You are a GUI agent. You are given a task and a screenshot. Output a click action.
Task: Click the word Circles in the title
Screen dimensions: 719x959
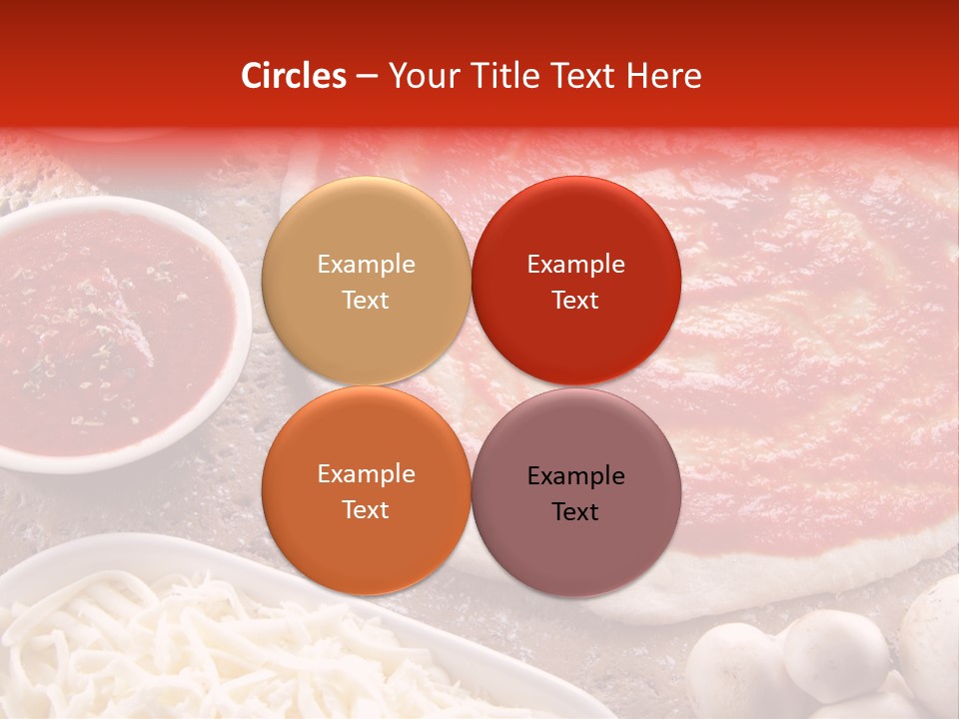[x=294, y=76]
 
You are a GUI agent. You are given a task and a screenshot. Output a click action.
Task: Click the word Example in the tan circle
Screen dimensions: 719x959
[x=366, y=264]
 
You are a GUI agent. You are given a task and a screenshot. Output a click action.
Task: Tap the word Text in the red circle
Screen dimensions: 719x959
[x=575, y=300]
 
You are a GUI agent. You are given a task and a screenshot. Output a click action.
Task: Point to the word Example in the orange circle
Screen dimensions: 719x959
[x=366, y=473]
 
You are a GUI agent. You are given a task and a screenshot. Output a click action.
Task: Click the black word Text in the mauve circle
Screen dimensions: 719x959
[x=575, y=511]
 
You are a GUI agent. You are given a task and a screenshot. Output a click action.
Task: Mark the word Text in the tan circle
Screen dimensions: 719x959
[x=366, y=300]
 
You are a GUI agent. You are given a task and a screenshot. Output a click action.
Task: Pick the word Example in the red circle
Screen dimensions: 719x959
[x=575, y=264]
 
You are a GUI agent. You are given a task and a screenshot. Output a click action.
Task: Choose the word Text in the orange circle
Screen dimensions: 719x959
[x=366, y=509]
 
